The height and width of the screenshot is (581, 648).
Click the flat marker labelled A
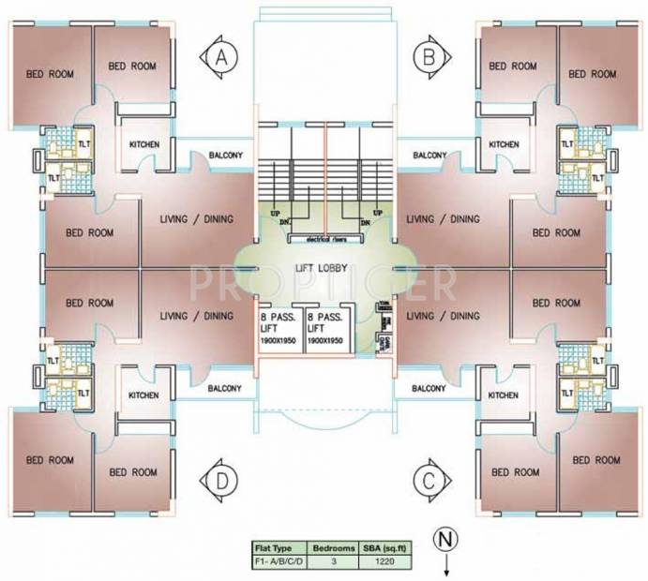(222, 57)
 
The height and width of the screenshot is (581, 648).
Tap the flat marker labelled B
(428, 57)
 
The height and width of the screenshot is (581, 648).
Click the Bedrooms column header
(334, 545)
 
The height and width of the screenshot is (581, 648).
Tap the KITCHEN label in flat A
(143, 144)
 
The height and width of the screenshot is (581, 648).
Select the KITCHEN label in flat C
(504, 395)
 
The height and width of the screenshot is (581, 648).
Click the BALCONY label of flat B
(429, 155)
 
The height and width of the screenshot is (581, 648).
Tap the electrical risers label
(324, 239)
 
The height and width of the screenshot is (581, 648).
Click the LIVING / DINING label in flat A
(196, 219)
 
